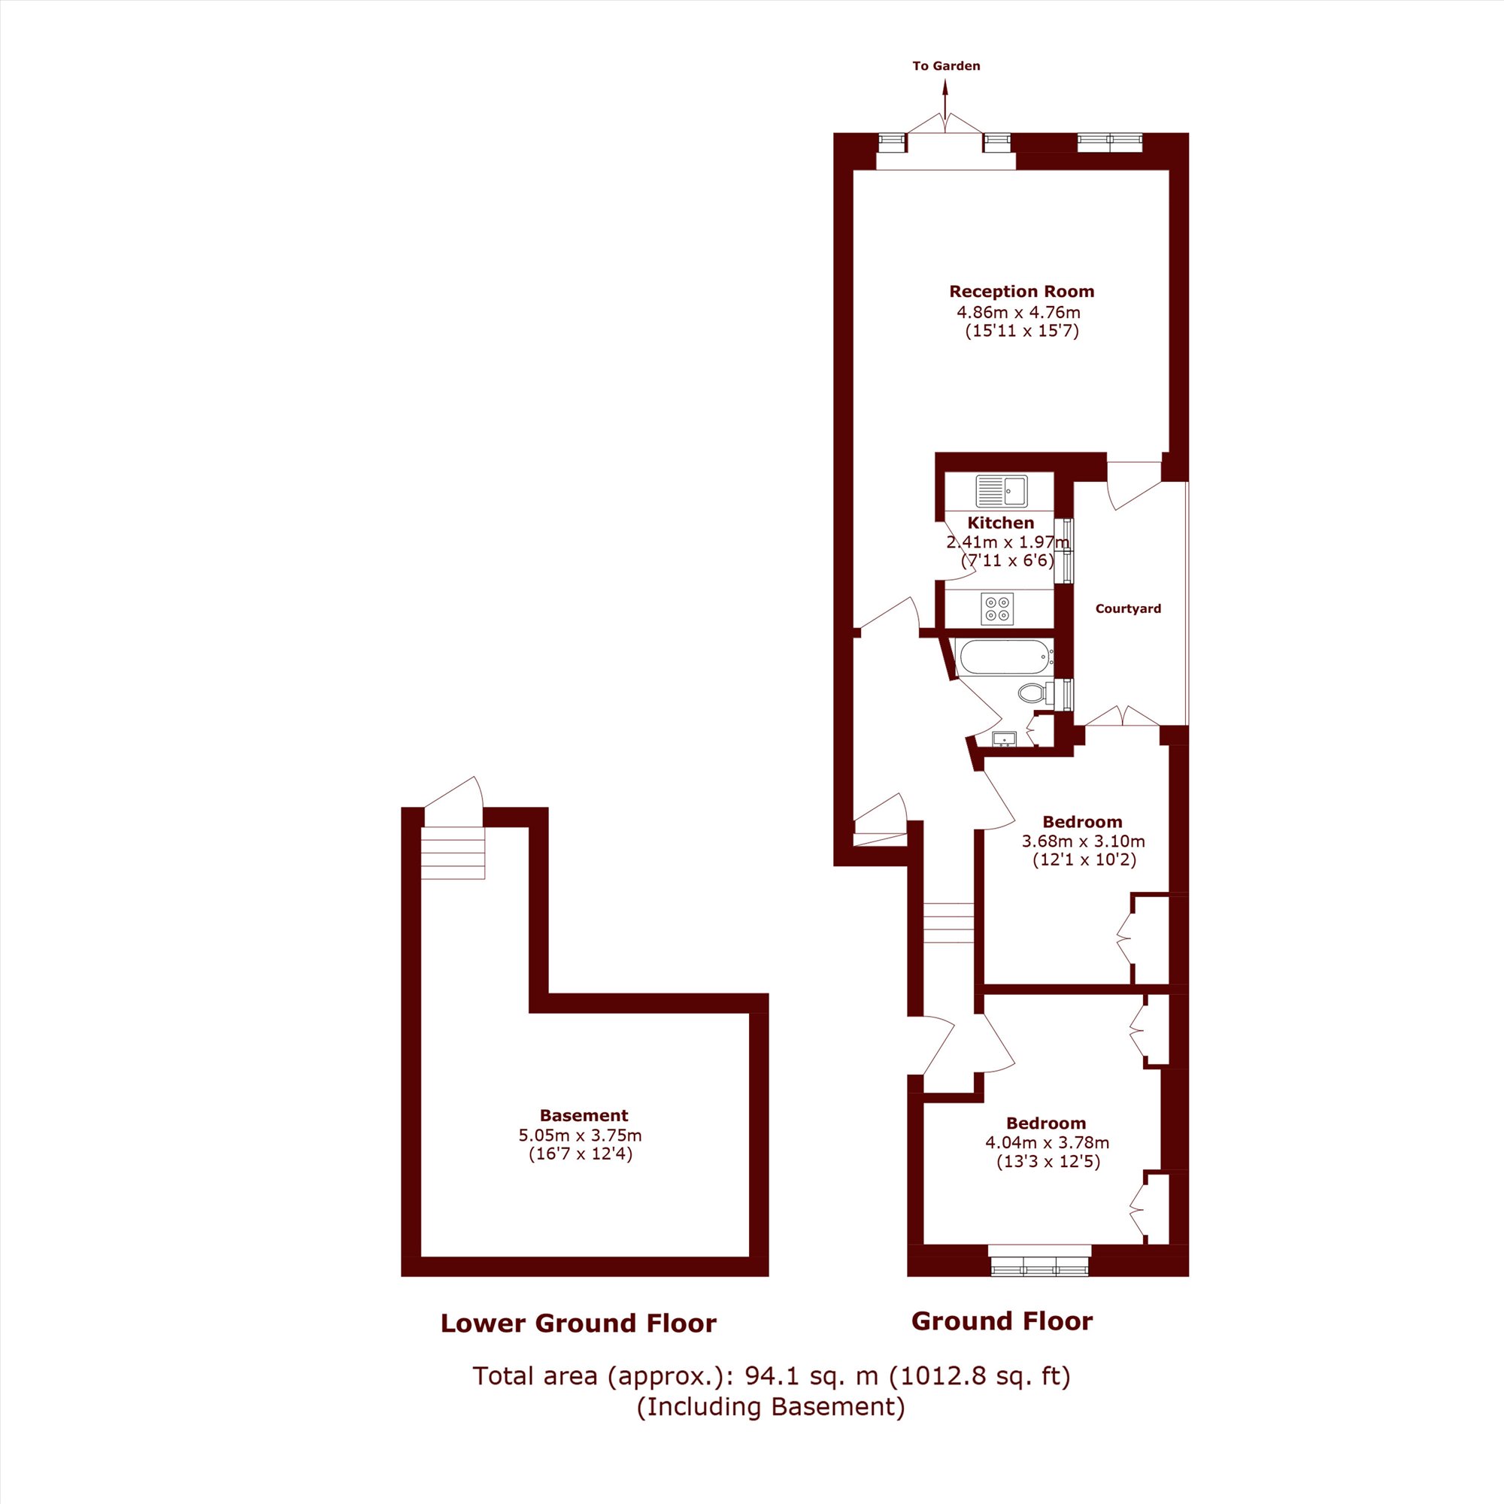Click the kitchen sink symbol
(1001, 491)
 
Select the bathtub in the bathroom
(1004, 658)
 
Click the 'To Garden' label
(946, 66)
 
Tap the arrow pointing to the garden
(946, 102)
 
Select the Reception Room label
(1021, 291)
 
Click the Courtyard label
(1128, 609)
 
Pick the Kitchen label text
(1000, 523)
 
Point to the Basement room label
(584, 1114)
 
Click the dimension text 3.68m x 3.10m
(1083, 841)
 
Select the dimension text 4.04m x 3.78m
(1047, 1143)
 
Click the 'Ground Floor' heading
(1002, 1321)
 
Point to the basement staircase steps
(453, 853)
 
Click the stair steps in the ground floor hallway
(949, 923)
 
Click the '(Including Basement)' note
(771, 1406)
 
